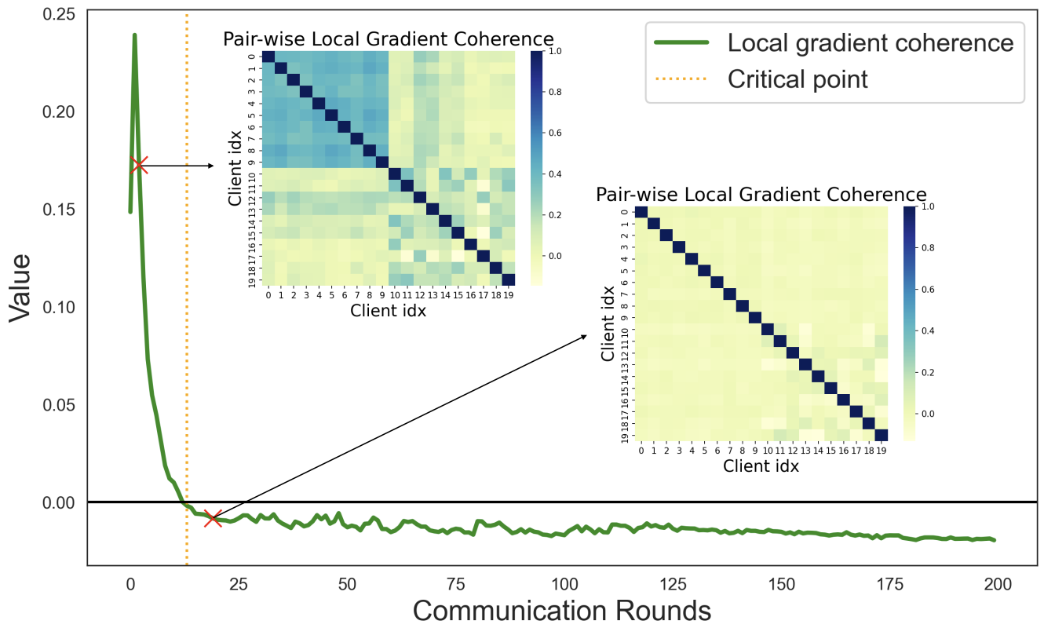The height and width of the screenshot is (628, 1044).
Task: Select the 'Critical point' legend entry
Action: pos(798,78)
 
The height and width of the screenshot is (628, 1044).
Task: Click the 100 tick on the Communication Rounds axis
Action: pos(564,584)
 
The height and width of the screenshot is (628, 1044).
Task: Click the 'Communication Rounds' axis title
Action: pos(562,611)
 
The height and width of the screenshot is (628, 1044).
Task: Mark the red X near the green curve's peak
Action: pos(139,165)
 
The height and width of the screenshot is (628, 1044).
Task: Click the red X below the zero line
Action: pos(212,517)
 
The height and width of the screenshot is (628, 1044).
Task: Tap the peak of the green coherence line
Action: pos(134,35)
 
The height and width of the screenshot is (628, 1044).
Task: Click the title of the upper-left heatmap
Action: pos(389,39)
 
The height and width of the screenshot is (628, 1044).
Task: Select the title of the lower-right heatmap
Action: pos(761,194)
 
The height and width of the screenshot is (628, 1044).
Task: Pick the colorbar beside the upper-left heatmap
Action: pos(536,167)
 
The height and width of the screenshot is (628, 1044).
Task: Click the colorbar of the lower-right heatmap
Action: pos(909,323)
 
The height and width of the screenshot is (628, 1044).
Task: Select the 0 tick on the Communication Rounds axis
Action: pos(130,584)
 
